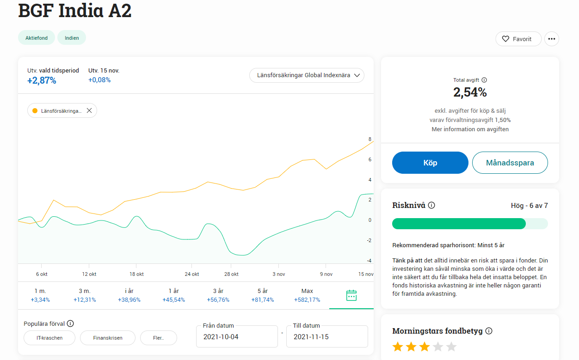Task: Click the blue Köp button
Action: pos(430,163)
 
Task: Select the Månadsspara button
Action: pos(510,163)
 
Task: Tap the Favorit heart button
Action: pos(518,39)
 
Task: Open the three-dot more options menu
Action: pos(551,39)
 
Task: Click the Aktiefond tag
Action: pos(37,38)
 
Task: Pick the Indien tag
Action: pos(72,38)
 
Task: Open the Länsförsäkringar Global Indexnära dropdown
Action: pos(307,75)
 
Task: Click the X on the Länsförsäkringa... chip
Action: pos(89,111)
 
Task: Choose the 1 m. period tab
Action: pos(40,295)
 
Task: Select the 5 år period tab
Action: pos(262,295)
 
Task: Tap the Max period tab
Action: pos(307,295)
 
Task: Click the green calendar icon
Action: pos(351,295)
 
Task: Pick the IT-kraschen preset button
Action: pos(49,338)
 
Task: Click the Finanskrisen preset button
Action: pos(108,338)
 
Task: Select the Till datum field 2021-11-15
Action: pos(327,337)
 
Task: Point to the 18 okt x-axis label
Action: pos(136,274)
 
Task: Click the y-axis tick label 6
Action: pos(370,159)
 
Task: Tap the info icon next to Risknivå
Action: pos(431,205)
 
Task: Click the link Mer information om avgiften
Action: pos(470,129)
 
